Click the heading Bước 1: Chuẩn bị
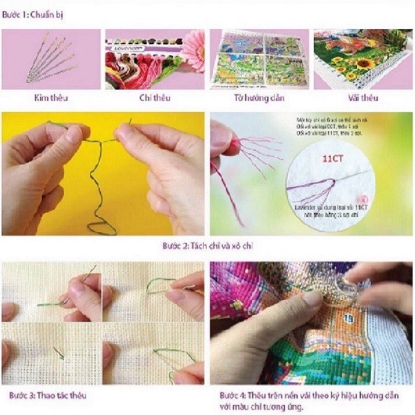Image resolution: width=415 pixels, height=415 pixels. [x=33, y=14]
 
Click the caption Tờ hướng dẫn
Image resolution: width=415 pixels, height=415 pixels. [x=259, y=97]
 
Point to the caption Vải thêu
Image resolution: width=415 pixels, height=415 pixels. [x=363, y=97]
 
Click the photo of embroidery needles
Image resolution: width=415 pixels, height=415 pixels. [x=50, y=59]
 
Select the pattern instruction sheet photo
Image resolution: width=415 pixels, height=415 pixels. [x=259, y=59]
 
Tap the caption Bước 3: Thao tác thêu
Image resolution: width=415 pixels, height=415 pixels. [x=47, y=395]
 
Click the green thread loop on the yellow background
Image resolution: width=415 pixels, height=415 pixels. [x=100, y=226]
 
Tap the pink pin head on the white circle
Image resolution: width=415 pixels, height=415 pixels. [x=363, y=199]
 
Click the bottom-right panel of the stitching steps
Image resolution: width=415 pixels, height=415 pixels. [x=153, y=354]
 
